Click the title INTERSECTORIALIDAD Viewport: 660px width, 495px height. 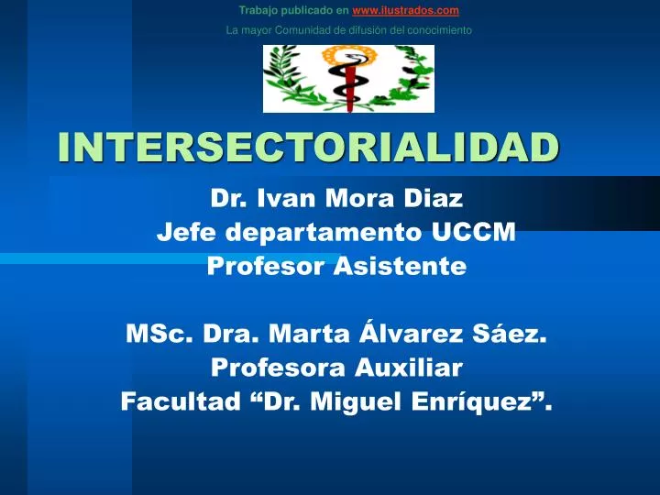[x=308, y=147]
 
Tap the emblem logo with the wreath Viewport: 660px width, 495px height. [x=348, y=79]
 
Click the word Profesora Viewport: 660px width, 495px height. [x=272, y=368]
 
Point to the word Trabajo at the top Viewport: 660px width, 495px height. [x=258, y=10]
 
